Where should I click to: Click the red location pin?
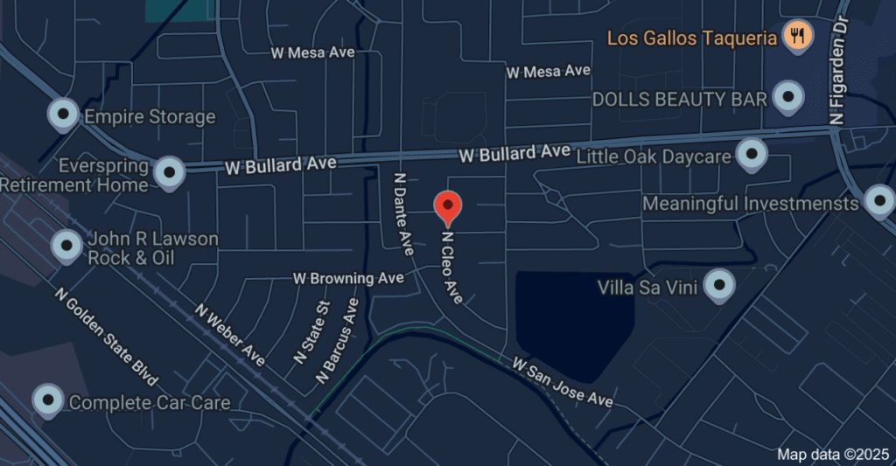click(448, 207)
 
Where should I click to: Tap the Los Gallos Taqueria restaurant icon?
click(798, 36)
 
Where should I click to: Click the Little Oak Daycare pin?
click(751, 155)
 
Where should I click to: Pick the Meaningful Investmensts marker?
click(878, 201)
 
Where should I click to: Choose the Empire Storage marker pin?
click(63, 115)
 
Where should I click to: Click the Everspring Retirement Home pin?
click(169, 172)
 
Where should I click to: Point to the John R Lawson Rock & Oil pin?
click(67, 246)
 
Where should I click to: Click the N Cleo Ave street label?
click(451, 267)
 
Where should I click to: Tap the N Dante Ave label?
click(402, 213)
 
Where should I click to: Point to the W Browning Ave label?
click(348, 278)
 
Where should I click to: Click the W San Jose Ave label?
click(563, 380)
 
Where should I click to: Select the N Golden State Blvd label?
click(105, 337)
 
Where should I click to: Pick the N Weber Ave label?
click(229, 334)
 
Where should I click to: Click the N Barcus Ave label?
click(337, 342)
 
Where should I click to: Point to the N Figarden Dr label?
click(841, 69)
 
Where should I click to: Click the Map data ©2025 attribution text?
click(831, 454)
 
